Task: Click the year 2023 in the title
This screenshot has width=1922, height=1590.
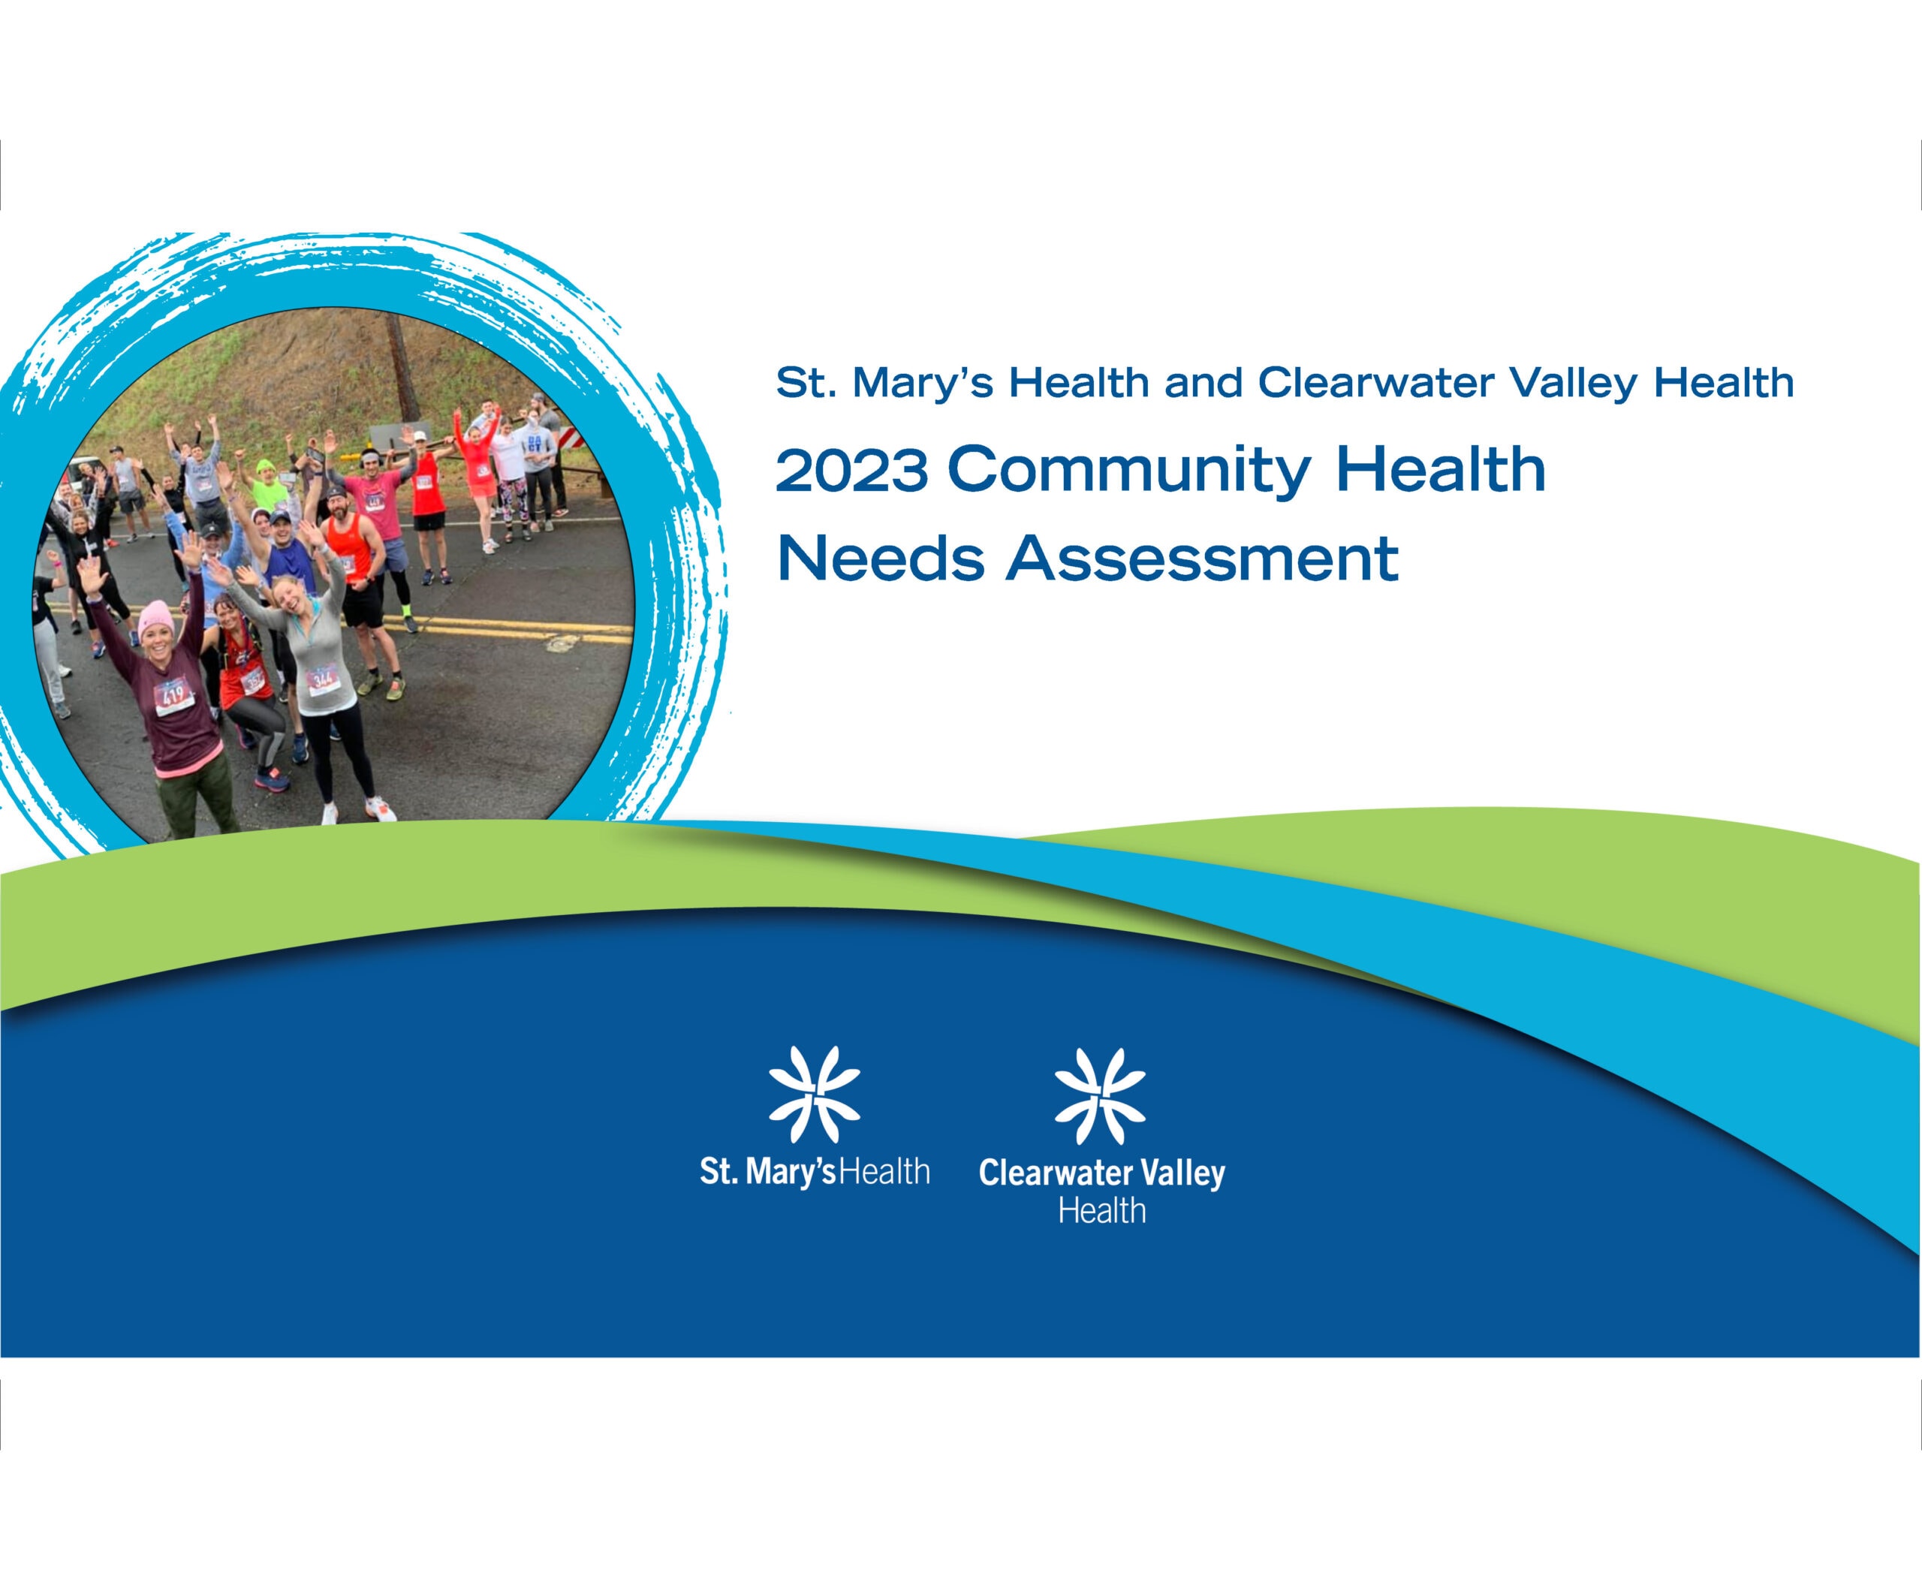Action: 851,470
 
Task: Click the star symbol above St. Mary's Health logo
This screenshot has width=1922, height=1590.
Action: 814,1095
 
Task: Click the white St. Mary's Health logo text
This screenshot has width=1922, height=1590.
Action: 815,1173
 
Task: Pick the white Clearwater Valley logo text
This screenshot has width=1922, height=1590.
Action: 1102,1173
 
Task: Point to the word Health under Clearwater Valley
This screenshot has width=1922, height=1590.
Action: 1102,1211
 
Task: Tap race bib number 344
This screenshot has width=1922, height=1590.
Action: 322,679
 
